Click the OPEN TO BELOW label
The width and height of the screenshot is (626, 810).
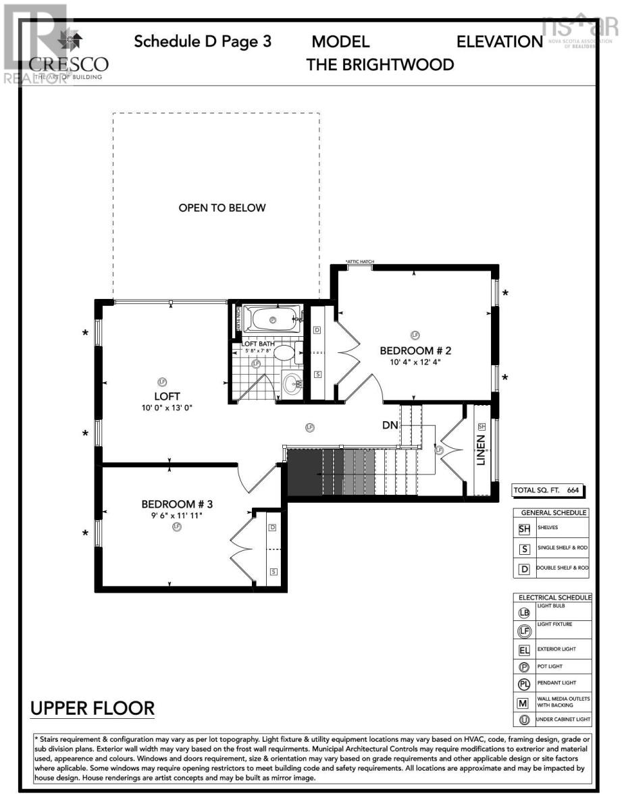222,208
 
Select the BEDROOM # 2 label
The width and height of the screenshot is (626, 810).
415,350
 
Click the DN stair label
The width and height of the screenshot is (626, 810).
390,425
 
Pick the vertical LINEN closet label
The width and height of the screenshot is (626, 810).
481,450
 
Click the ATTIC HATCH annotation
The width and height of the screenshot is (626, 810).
359,262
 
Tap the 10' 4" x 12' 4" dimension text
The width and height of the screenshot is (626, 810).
415,362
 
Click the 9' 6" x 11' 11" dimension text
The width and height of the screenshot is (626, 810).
176,515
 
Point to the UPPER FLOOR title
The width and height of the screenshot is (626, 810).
93,709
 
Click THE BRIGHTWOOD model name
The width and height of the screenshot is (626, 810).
380,64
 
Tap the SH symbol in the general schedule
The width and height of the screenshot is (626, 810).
525,529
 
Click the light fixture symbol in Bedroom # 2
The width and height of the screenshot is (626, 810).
415,335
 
